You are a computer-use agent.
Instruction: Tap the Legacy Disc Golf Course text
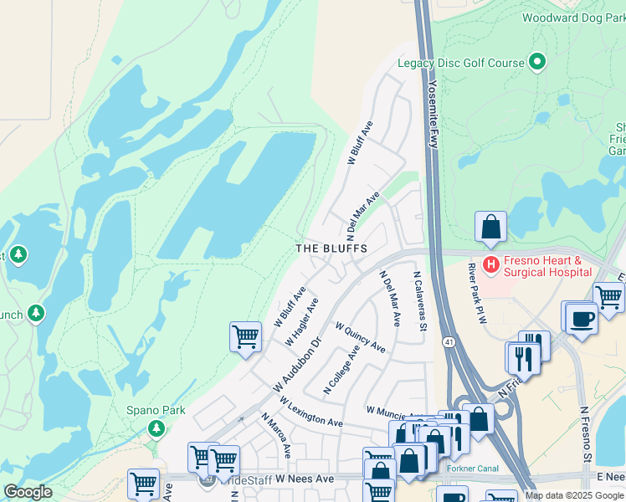pos(461,63)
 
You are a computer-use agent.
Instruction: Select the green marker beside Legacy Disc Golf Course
pos(537,62)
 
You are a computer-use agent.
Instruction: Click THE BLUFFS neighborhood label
pos(331,249)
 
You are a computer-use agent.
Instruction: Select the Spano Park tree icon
pos(156,428)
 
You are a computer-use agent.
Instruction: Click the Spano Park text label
pos(156,411)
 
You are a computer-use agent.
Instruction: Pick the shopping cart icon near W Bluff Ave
pos(245,337)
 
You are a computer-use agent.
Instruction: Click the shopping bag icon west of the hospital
pos(490,227)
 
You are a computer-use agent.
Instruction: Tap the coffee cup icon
pos(582,318)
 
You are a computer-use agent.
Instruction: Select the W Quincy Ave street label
pos(361,336)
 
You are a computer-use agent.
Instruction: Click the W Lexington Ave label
pos(311,411)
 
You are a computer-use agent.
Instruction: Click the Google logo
pos(28,492)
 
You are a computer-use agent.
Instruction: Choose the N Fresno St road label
pos(586,435)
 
